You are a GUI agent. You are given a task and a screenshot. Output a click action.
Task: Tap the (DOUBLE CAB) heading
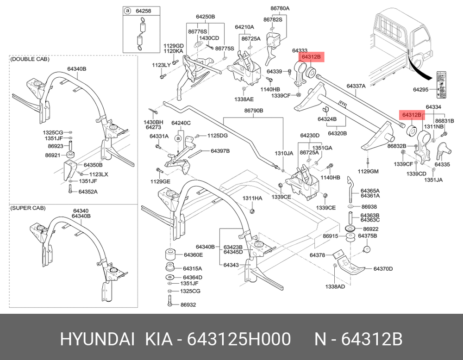(x=30, y=59)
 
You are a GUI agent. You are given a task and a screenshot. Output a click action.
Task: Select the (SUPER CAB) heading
(x=28, y=208)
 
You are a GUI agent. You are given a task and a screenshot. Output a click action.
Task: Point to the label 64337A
(x=356, y=86)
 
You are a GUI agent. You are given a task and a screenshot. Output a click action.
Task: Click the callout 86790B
(x=254, y=111)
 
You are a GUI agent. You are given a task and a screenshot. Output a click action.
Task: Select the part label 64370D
(x=383, y=268)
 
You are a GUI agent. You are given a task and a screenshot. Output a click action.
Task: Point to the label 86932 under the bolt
(x=188, y=305)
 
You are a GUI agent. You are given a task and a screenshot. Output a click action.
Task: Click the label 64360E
(x=194, y=255)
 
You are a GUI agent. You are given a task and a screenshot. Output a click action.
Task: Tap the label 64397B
(x=220, y=151)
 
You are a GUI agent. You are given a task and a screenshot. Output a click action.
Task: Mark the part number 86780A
(x=280, y=8)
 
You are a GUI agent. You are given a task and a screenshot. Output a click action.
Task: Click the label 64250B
(x=206, y=17)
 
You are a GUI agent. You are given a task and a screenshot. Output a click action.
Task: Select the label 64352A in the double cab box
(x=88, y=191)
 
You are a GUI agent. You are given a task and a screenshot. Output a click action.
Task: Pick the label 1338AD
(x=335, y=287)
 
